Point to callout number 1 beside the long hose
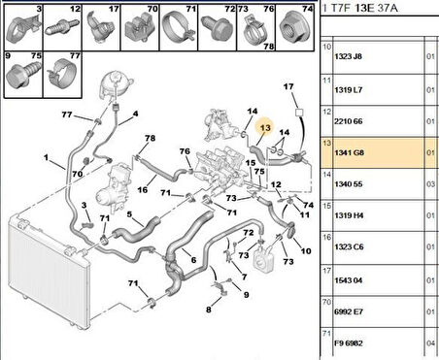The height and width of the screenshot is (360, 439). (46, 157)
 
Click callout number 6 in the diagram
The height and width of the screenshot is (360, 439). (193, 260)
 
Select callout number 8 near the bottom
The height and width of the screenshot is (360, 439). (208, 309)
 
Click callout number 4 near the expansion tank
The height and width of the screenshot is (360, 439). (134, 114)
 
